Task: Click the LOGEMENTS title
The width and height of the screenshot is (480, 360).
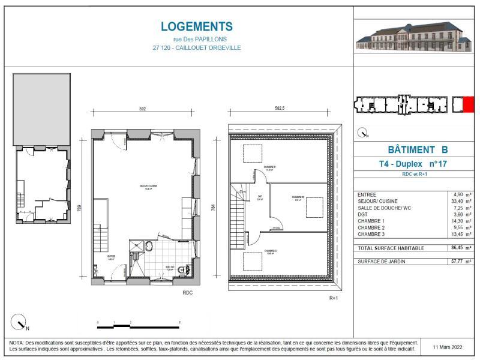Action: coord(197,26)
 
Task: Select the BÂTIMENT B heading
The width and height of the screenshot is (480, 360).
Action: coord(414,150)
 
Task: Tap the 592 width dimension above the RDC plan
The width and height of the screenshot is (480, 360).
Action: coord(143,109)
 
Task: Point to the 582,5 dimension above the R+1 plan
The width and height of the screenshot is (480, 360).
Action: coord(280,109)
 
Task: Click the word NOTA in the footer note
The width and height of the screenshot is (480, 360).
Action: coord(16,342)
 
